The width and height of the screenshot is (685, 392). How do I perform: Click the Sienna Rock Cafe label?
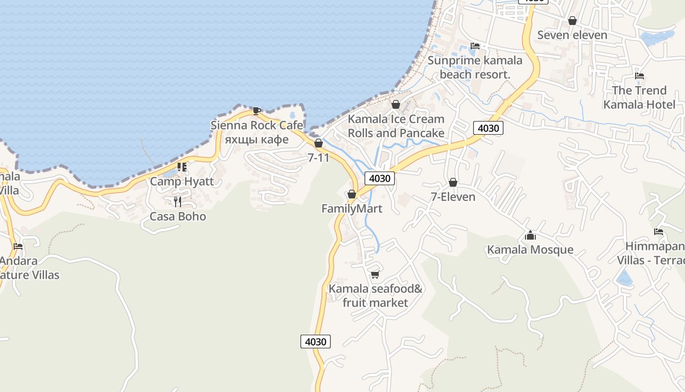coord(256,125)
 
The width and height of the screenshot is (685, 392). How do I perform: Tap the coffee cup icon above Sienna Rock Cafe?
coord(256,110)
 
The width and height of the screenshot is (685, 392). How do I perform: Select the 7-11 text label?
coord(319,158)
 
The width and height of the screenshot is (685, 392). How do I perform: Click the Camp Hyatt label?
coord(182,181)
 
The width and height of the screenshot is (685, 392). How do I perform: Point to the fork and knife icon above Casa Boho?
coord(178,201)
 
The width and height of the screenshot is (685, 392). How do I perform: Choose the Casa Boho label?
coord(178,217)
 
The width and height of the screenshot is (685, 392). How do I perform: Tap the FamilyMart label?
coord(351,209)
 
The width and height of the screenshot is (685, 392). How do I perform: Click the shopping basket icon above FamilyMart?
coord(351,195)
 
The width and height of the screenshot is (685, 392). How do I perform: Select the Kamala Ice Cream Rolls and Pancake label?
coord(396,126)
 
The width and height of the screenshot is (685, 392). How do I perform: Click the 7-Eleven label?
coord(453,197)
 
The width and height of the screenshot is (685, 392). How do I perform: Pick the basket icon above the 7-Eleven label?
coord(453,182)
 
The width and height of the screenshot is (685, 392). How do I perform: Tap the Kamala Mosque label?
coord(530,250)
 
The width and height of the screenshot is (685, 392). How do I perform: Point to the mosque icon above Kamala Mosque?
coord(530,235)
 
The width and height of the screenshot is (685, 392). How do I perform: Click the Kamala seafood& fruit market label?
coord(375,295)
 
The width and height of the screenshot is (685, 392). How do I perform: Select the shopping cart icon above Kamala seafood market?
coord(375,274)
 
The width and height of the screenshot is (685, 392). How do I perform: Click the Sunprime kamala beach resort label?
coord(475,68)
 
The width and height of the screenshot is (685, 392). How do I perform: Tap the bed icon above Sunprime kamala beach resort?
coord(475,46)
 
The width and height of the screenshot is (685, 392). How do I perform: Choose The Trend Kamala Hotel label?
coord(639,98)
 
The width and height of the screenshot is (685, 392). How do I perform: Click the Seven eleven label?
coord(572,35)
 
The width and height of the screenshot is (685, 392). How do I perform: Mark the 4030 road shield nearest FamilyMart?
coord(380,178)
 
